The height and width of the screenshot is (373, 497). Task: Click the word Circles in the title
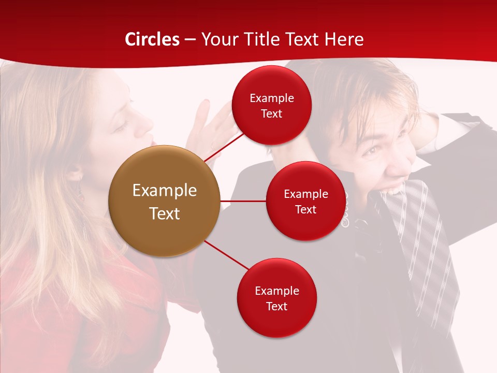(152, 39)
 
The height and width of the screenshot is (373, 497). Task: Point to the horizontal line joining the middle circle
(243, 201)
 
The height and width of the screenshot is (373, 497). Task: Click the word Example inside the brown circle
(164, 191)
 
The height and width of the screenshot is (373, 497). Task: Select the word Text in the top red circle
(272, 114)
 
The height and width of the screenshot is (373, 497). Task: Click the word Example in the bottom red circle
(276, 291)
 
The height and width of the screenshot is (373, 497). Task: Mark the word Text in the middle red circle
(306, 210)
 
